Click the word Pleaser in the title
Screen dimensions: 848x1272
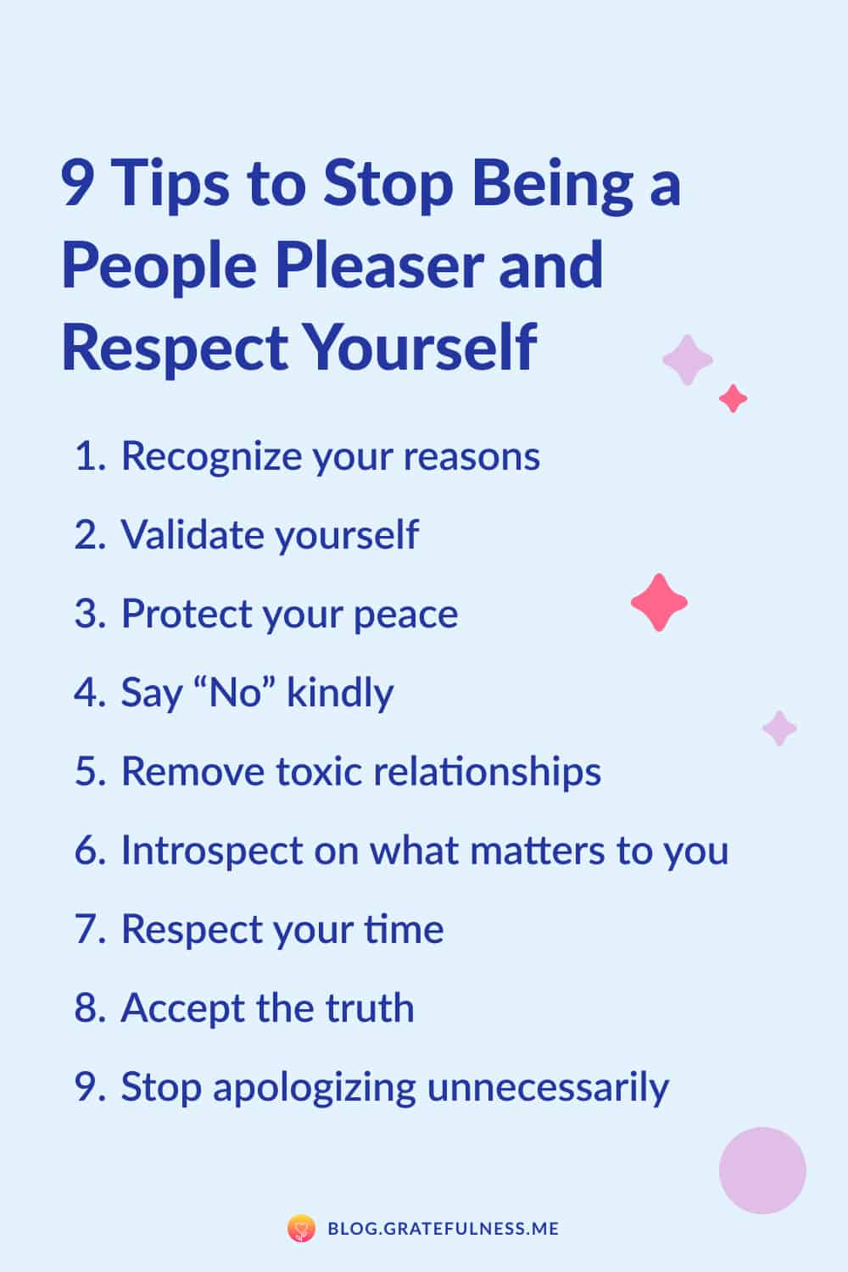[380, 265]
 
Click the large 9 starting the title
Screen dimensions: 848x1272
[77, 183]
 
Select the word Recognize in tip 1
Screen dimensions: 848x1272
[211, 457]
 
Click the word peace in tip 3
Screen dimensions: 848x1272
[405, 616]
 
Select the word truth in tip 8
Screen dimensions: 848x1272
[370, 1008]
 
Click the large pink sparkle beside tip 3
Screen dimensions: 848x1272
[660, 602]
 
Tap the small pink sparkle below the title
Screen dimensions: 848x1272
[733, 398]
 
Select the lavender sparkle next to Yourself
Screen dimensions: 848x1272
[687, 360]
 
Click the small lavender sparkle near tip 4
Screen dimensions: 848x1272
[779, 728]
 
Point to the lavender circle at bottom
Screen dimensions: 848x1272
[762, 1170]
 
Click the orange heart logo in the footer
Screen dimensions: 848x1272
[301, 1228]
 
